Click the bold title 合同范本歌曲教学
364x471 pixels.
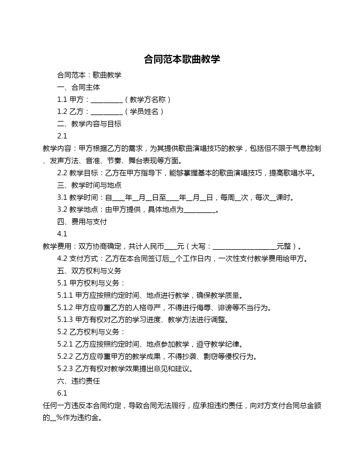point(182,59)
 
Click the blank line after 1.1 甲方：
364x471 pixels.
point(106,100)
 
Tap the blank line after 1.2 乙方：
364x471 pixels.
point(106,112)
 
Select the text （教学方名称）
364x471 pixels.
point(148,100)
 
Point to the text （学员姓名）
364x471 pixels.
point(144,112)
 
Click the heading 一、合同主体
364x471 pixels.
point(79,87)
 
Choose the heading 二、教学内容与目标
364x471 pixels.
point(89,124)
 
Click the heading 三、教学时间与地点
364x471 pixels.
point(89,185)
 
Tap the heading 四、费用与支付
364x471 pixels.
point(82,222)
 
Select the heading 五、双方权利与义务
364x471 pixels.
point(89,271)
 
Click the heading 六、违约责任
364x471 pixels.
point(79,381)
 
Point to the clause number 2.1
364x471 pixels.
point(62,136)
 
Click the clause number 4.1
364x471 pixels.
point(62,234)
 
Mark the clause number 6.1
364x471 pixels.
point(62,393)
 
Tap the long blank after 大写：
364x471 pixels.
point(244,247)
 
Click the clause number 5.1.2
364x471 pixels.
point(65,308)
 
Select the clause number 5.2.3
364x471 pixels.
point(65,369)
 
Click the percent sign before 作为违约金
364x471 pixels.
point(59,418)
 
